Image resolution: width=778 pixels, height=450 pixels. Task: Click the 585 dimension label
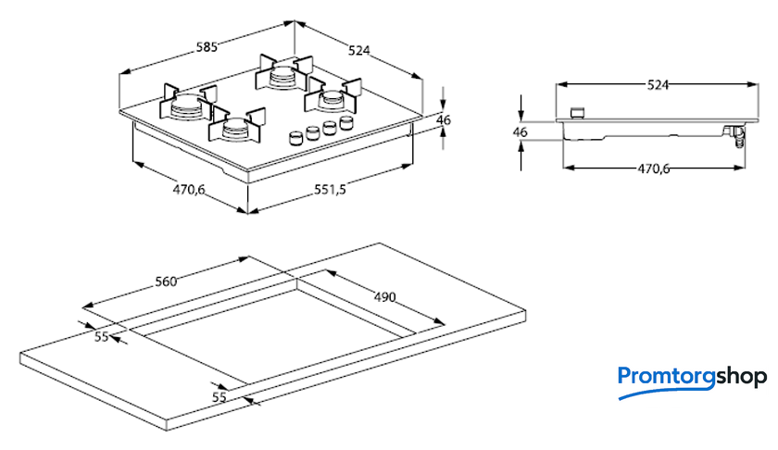click(x=205, y=47)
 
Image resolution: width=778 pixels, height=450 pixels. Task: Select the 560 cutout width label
click(x=166, y=281)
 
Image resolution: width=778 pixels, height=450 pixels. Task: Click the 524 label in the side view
click(x=657, y=84)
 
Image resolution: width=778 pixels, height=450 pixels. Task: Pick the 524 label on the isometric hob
click(x=358, y=52)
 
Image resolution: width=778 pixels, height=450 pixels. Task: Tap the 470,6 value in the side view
click(x=653, y=169)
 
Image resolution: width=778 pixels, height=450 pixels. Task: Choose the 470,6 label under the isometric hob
click(x=188, y=189)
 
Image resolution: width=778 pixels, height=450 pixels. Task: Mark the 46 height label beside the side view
click(x=520, y=132)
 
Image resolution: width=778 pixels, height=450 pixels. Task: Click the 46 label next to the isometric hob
click(x=443, y=119)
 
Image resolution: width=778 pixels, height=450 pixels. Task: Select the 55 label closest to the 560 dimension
click(x=102, y=336)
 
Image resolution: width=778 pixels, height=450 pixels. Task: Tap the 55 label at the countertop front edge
click(x=219, y=396)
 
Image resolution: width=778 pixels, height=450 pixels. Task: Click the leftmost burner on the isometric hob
click(x=187, y=104)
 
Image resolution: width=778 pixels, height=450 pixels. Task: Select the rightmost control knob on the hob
click(x=346, y=122)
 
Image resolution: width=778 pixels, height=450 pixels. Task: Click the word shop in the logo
click(x=737, y=377)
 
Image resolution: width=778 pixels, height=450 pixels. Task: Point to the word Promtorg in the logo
click(x=661, y=377)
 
